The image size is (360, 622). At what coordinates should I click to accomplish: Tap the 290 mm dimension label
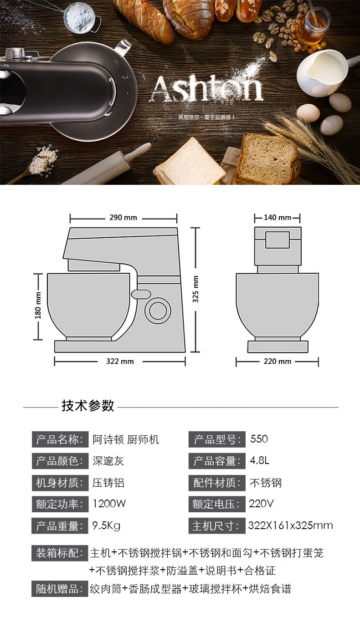(x=123, y=218)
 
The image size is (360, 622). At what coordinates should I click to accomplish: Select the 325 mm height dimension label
(x=196, y=290)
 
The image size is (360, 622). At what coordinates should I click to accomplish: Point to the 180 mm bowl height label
(x=38, y=306)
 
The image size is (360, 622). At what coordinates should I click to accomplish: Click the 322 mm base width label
(x=120, y=362)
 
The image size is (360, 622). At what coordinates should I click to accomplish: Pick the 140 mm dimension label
(x=277, y=218)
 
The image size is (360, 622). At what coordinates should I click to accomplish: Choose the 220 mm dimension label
(x=277, y=362)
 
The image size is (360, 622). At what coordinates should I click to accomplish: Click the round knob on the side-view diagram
(x=158, y=311)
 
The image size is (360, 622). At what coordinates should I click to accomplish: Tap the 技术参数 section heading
(x=88, y=405)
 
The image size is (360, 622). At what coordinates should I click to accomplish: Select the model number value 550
(x=259, y=439)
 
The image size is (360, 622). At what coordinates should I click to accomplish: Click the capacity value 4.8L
(x=260, y=461)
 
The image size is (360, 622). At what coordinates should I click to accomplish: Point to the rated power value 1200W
(x=109, y=504)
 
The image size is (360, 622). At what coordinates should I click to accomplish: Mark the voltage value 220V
(x=261, y=504)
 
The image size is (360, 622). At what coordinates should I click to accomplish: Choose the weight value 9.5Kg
(x=106, y=526)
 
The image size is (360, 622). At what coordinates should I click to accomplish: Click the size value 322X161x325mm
(x=290, y=526)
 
